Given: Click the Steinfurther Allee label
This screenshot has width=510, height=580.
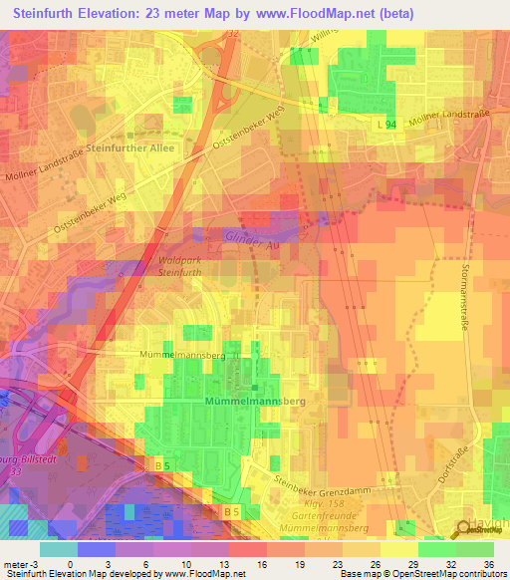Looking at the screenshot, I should [x=130, y=148].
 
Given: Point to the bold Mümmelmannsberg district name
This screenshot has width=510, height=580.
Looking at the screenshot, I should [x=254, y=399].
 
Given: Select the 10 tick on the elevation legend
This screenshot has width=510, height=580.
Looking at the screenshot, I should [x=191, y=563].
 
